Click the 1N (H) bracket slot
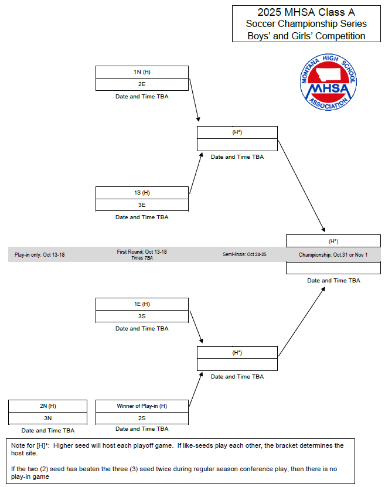pos(142,71)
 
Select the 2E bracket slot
pos(142,84)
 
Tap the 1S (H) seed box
pos(142,192)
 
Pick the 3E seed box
pos(142,205)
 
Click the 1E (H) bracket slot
pos(142,304)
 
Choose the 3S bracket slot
pos(142,316)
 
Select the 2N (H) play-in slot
pos(47,406)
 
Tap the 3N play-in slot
pos(47,418)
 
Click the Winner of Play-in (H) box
pos(142,406)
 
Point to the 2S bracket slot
pos(142,418)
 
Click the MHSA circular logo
pos(328,83)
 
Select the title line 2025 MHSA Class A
pos(306,12)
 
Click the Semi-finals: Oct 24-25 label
pos(244,255)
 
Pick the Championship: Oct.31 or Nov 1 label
pos(333,255)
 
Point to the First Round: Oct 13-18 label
pos(142,251)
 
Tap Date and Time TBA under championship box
pos(333,281)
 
